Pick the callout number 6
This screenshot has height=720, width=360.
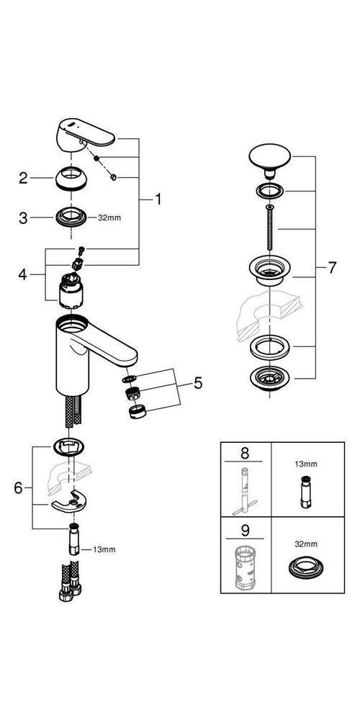point(19,487)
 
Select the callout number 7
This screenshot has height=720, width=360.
point(332,267)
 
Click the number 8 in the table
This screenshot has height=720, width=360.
point(244,454)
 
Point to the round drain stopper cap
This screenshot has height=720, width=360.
point(268,158)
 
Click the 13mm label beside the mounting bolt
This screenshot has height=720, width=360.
point(104,549)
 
